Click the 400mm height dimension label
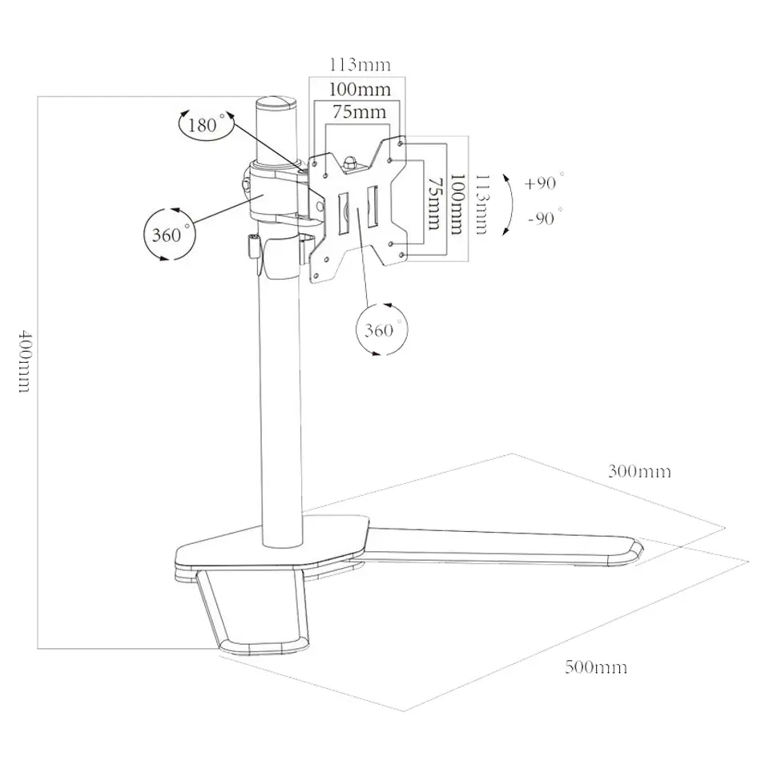[24, 361]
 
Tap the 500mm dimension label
[596, 667]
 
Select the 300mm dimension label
[639, 471]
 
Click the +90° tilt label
[543, 182]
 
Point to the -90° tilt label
[545, 217]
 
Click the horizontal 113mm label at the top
[360, 64]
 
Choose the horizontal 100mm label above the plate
[360, 89]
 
